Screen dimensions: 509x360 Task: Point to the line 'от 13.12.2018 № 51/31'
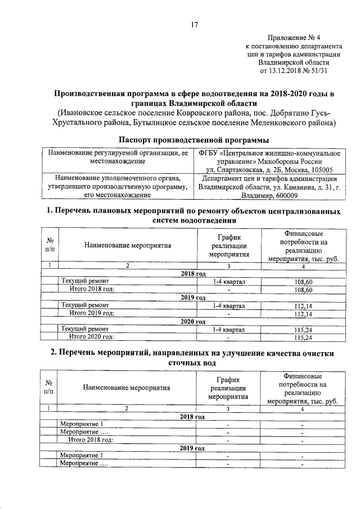[x=292, y=71]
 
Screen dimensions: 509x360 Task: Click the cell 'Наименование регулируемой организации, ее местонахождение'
[x=117, y=157]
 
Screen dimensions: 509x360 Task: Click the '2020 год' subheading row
[x=193, y=321]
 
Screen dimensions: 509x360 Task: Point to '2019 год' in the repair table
[x=193, y=298]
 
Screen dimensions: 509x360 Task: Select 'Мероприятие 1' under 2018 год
[x=82, y=424]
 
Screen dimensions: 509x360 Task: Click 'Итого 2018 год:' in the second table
[x=91, y=439]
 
